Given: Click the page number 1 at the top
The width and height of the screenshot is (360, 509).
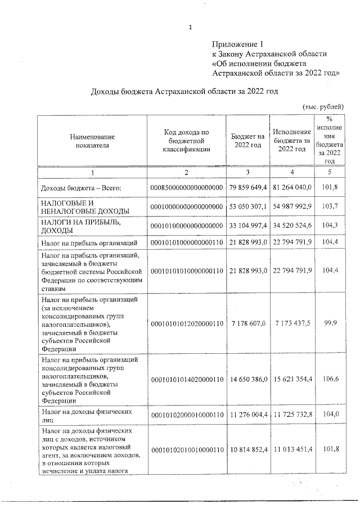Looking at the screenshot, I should pyautogui.click(x=191, y=27).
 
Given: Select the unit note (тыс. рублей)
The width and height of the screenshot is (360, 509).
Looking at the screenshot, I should pyautogui.click(x=322, y=107).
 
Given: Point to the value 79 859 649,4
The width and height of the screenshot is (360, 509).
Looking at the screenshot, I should pyautogui.click(x=247, y=187).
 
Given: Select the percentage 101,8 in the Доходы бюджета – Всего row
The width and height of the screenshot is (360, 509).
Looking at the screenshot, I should pyautogui.click(x=330, y=187).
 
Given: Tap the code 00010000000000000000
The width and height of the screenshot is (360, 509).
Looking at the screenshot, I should pyautogui.click(x=186, y=206).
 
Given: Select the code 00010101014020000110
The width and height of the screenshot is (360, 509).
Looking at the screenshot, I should pyautogui.click(x=186, y=380).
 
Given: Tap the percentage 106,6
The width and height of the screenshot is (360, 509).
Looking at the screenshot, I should pyautogui.click(x=330, y=380).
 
